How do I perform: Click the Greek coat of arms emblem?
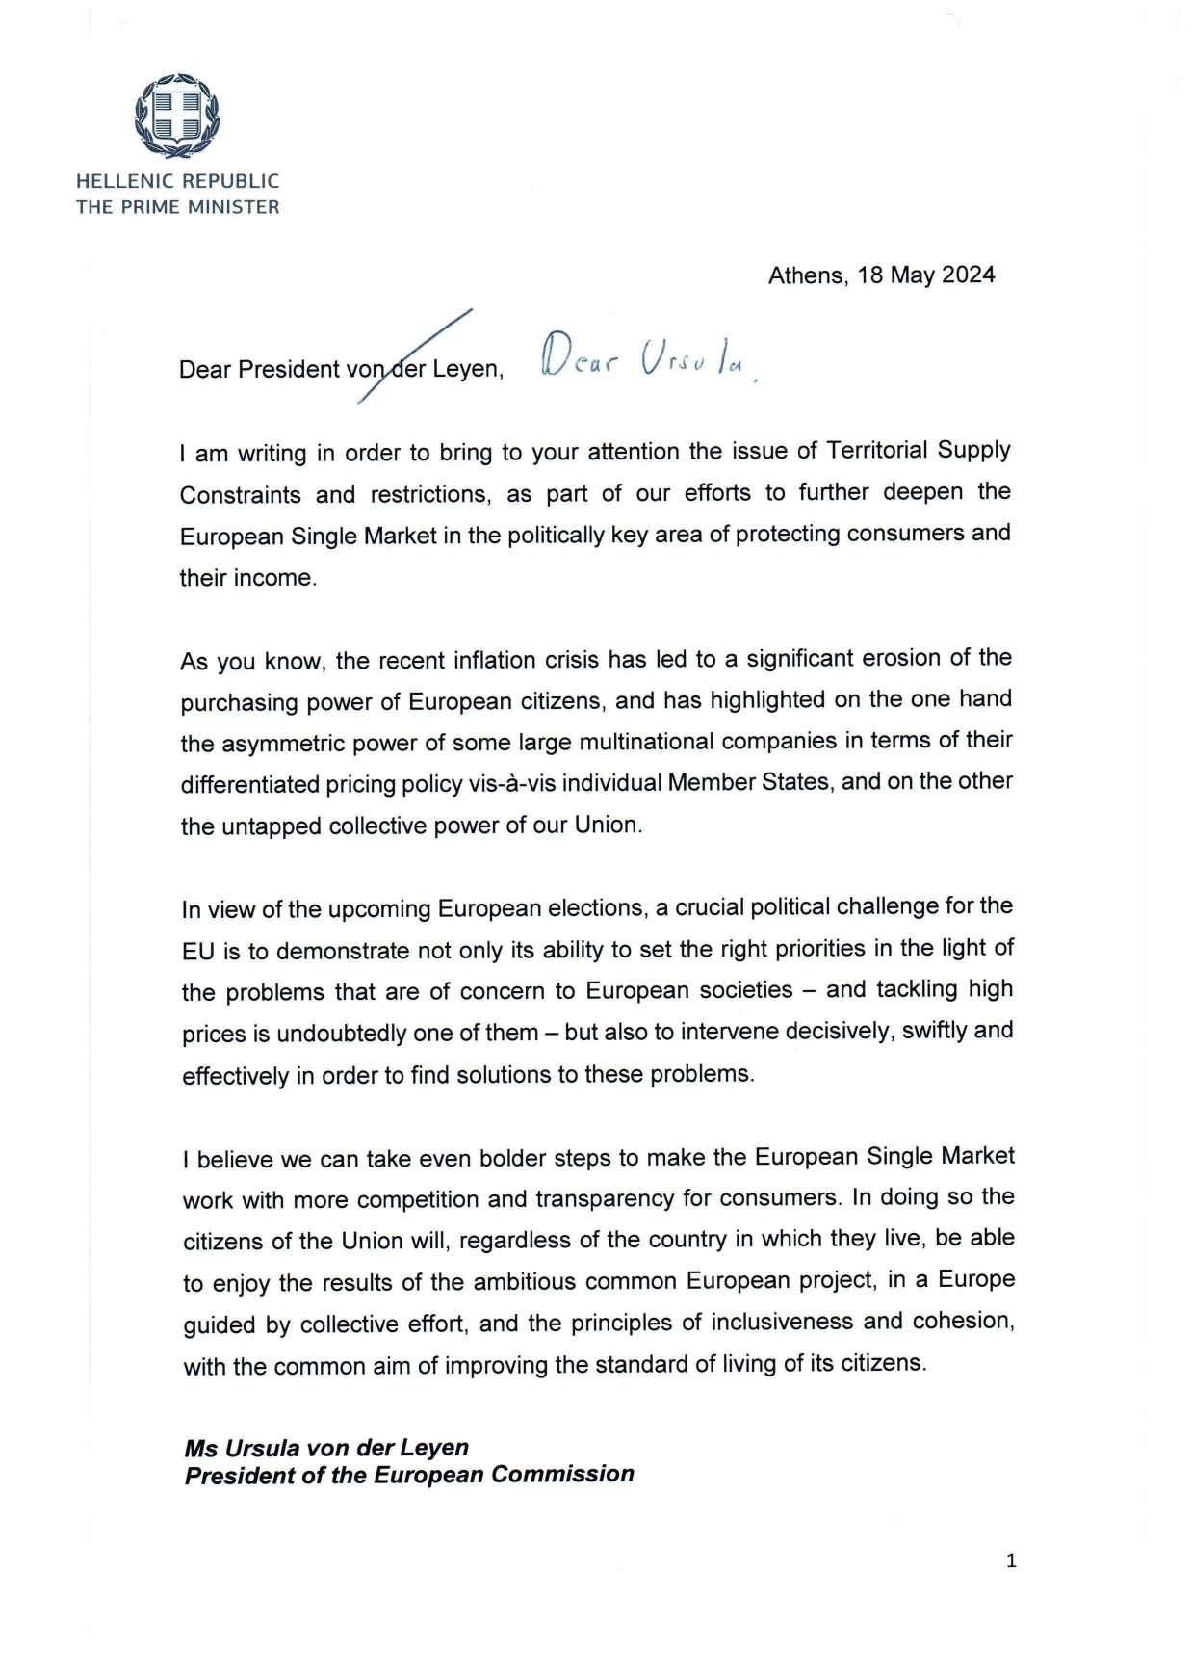coord(177,117)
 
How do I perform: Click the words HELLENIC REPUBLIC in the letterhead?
coord(178,181)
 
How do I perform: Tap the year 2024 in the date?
coord(968,275)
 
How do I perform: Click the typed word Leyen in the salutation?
coord(467,369)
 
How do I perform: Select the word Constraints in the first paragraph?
coord(240,494)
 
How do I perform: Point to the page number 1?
coord(1011,1561)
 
